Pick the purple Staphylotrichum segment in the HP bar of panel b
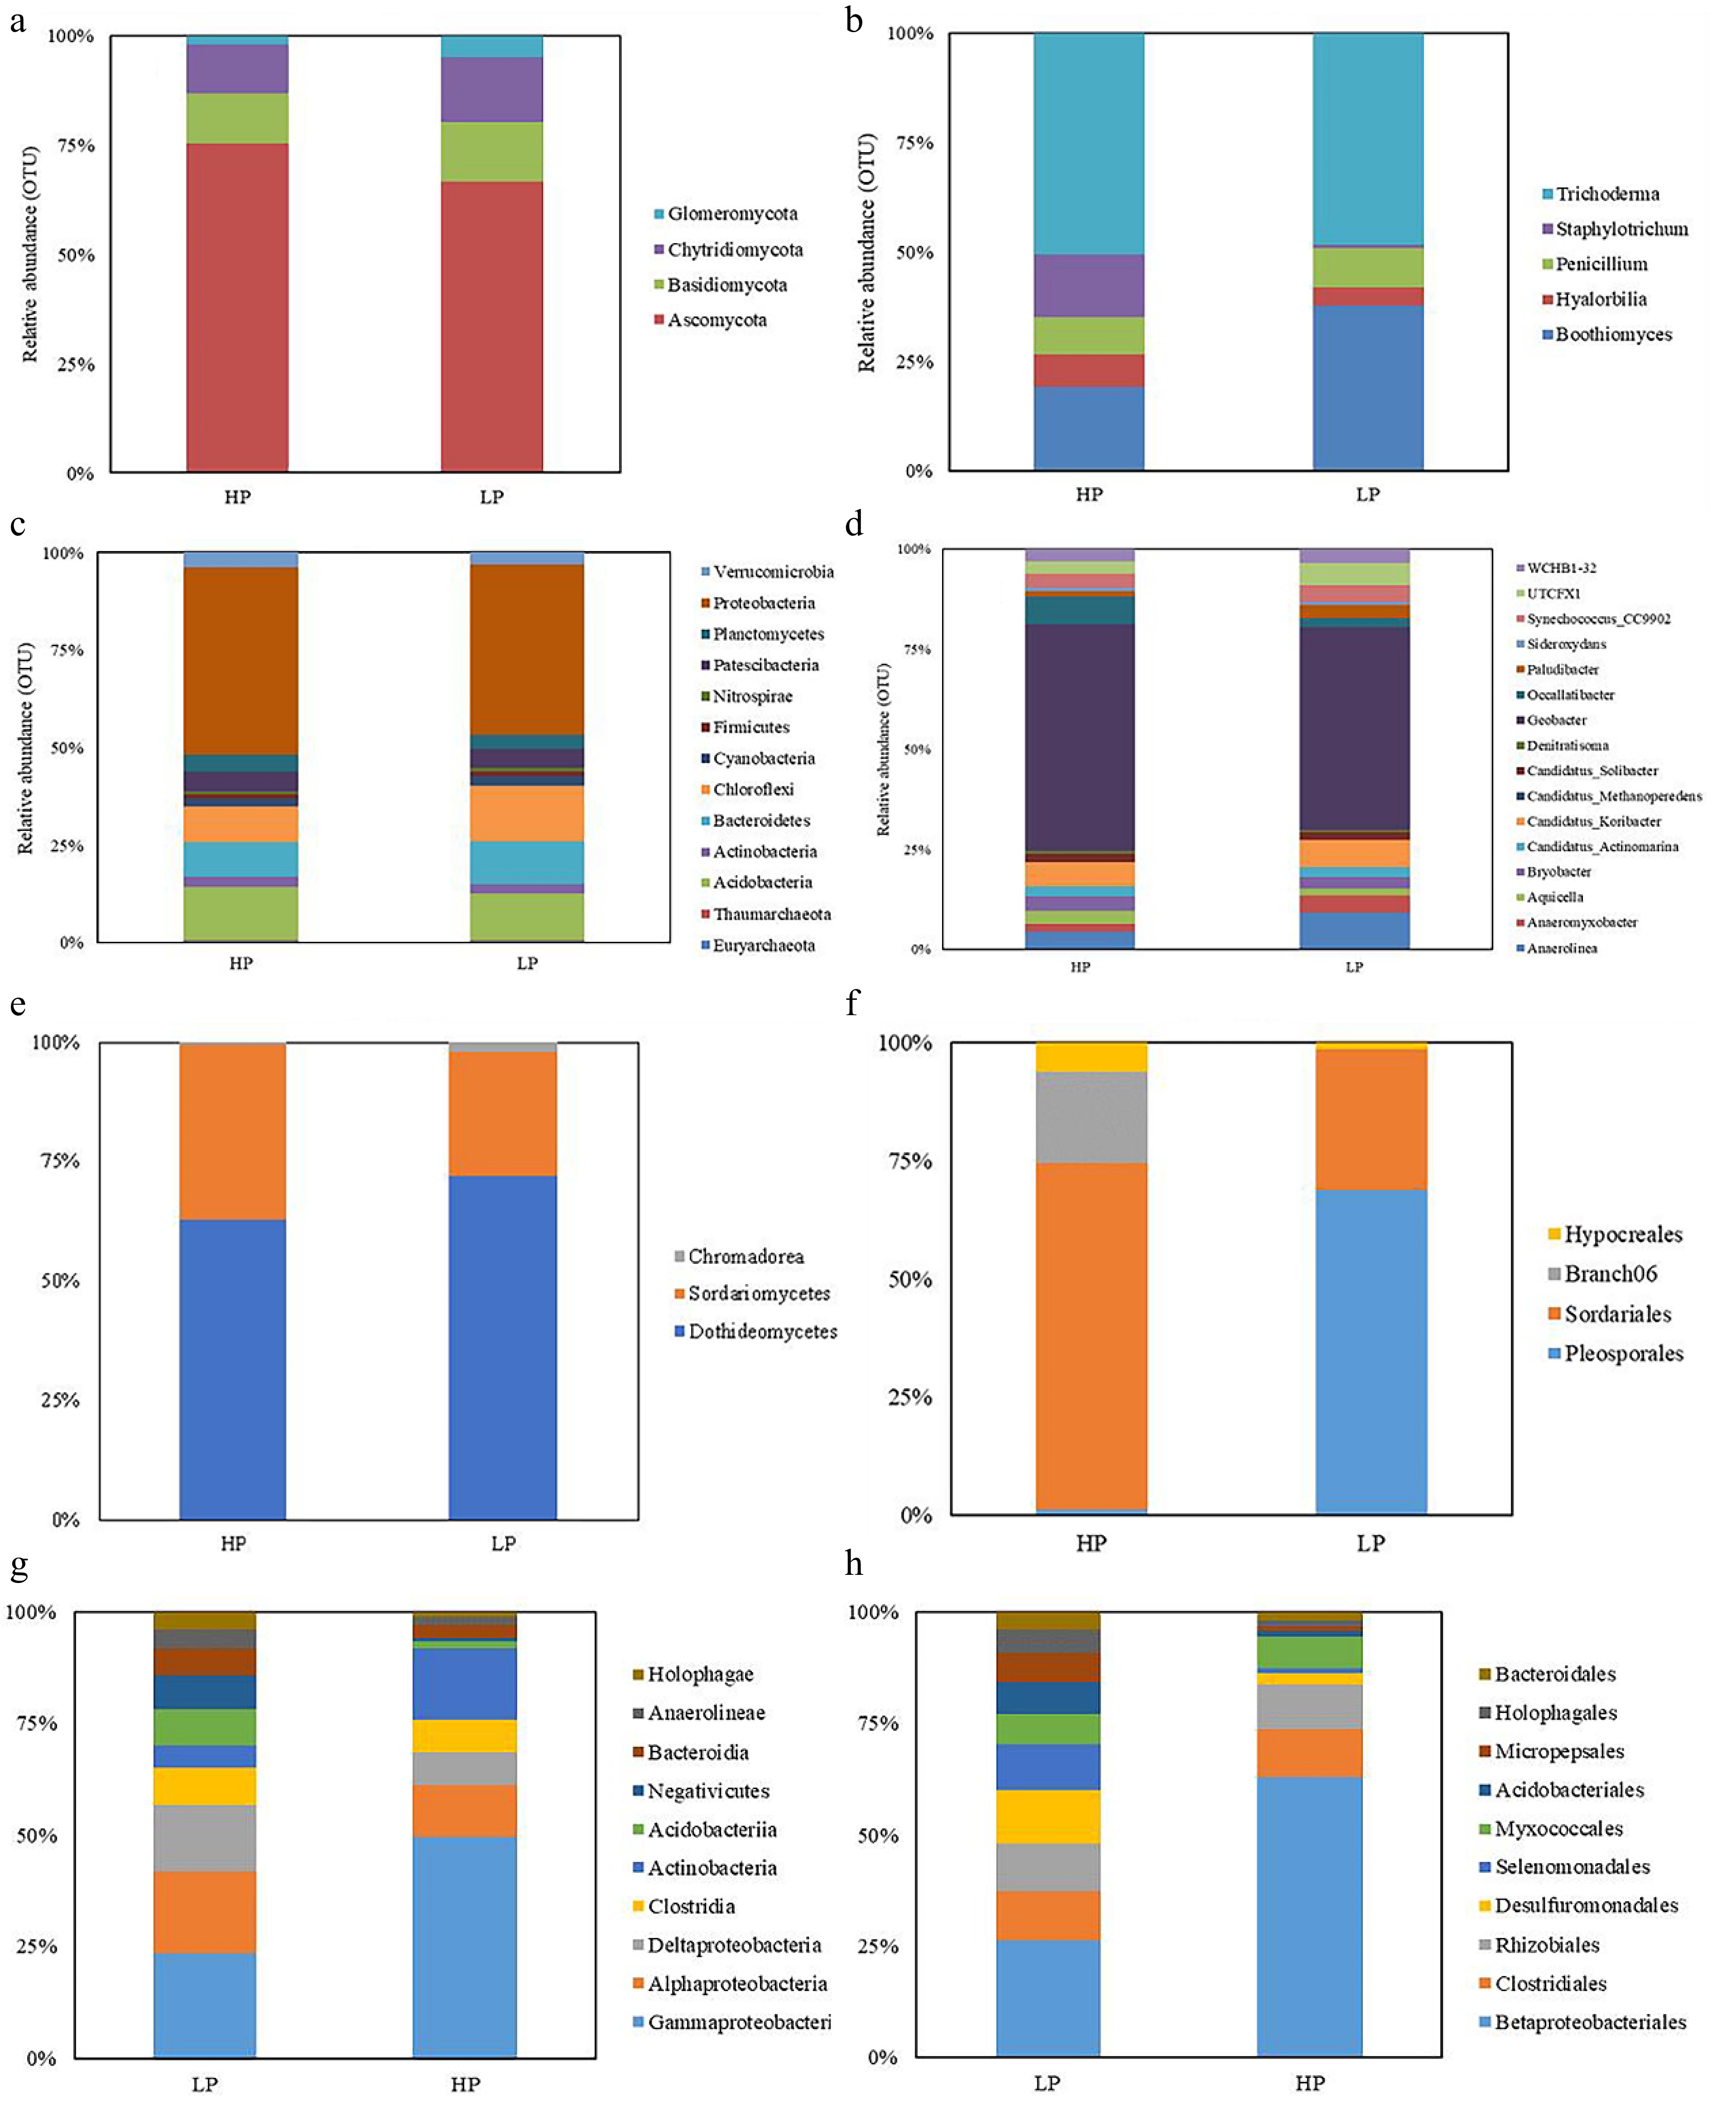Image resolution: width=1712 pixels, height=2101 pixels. coord(1089,286)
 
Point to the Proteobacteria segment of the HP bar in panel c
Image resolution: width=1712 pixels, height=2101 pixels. coord(240,661)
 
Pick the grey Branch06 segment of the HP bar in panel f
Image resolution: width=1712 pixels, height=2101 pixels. coord(1091,1117)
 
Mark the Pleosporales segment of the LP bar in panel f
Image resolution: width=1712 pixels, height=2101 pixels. coord(1371,1351)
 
